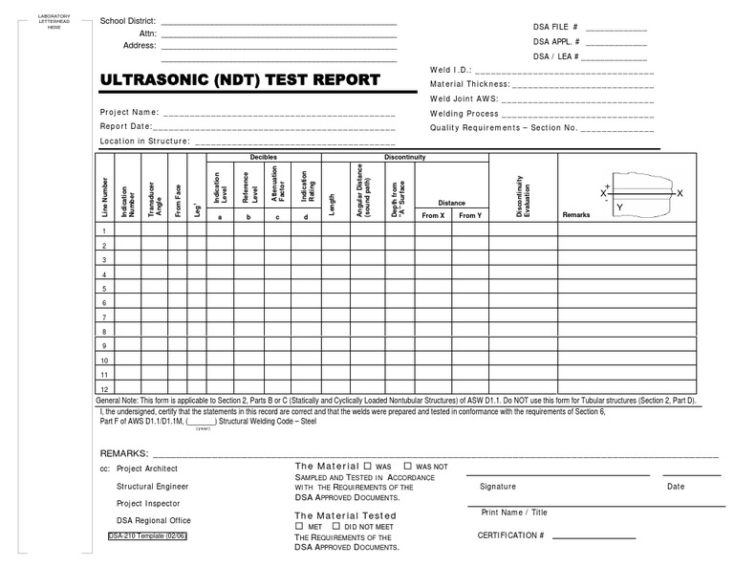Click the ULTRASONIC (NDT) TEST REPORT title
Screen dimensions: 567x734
[240, 79]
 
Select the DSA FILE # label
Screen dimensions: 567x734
[555, 28]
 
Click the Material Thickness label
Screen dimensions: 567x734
[470, 84]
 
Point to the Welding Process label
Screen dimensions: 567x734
[464, 113]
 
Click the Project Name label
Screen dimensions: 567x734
[129, 113]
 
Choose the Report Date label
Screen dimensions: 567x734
[126, 126]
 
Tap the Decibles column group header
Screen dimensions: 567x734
[264, 157]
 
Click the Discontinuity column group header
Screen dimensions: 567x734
[404, 157]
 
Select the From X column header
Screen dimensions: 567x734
[433, 216]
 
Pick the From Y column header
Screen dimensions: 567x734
[470, 216]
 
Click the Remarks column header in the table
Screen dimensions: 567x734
[576, 215]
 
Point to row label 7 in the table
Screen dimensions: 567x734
[103, 317]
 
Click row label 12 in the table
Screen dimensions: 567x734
[103, 389]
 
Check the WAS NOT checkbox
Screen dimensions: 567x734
[409, 466]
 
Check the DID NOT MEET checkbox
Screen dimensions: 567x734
[335, 527]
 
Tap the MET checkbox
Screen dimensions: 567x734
[299, 527]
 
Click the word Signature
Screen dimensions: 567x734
[498, 487]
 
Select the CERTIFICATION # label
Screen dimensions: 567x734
[510, 535]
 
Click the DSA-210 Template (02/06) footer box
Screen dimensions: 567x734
[147, 536]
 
